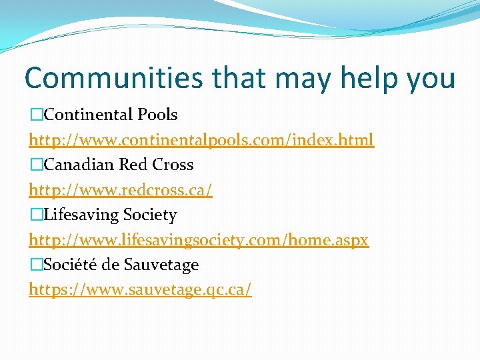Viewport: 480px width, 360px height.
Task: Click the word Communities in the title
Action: click(113, 77)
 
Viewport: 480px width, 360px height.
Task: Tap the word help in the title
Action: click(370, 77)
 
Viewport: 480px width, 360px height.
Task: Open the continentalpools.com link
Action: click(201, 140)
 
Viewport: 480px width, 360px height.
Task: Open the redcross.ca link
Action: click(121, 190)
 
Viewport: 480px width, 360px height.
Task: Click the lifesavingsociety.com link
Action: click(199, 240)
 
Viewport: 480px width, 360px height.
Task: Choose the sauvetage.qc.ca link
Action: click(140, 290)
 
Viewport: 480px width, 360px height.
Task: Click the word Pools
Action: click(157, 115)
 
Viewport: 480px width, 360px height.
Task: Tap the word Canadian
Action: click(81, 165)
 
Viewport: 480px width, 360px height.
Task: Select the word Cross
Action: click(172, 165)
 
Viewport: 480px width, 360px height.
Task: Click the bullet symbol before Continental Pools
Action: click(36, 115)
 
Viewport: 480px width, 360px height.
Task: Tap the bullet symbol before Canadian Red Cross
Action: click(36, 165)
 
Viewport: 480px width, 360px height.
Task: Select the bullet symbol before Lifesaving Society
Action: click(36, 215)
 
